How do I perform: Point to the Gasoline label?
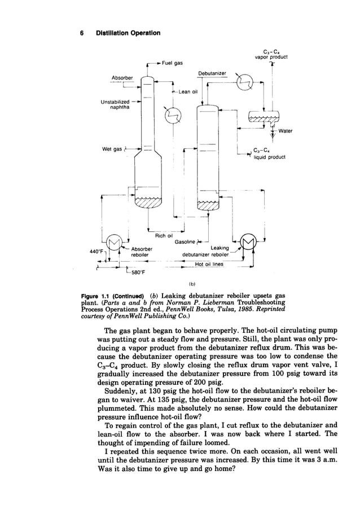pos(184,241)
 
